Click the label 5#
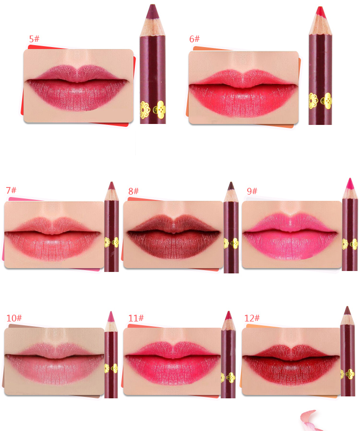click(35, 39)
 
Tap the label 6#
click(194, 39)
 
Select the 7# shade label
click(11, 190)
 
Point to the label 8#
click(133, 191)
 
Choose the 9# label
click(252, 191)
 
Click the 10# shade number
click(14, 318)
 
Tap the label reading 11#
click(136, 318)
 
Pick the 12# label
click(252, 318)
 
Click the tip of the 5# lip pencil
click(153, 5)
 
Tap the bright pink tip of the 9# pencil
click(350, 178)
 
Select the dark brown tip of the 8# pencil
click(231, 182)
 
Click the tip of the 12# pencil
click(348, 307)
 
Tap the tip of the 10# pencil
click(111, 312)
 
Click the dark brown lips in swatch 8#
click(173, 237)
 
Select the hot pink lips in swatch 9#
click(290, 236)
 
